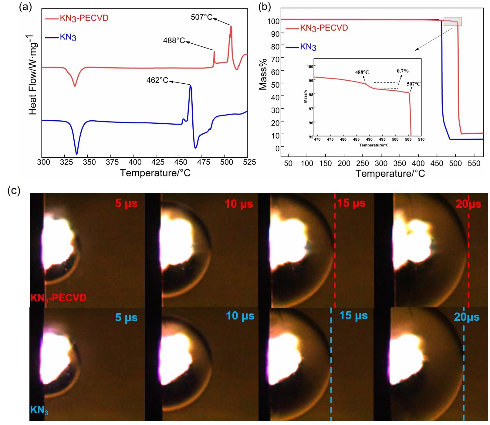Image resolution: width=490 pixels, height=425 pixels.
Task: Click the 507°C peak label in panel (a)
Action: tap(201, 17)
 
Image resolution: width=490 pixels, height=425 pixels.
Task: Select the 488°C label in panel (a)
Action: tap(174, 40)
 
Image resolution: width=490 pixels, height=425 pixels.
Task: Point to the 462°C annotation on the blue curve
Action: tap(157, 80)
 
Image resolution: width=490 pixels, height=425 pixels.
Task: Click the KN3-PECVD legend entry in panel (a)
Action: tap(84, 18)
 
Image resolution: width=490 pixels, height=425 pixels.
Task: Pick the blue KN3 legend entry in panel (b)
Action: tap(308, 47)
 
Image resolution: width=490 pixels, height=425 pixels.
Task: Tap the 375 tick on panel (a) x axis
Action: tap(112, 162)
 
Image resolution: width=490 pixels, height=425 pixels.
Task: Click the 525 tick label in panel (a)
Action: tap(249, 162)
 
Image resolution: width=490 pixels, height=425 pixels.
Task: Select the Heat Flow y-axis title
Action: tap(33, 75)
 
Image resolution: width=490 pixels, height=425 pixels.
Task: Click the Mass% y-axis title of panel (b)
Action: tap(263, 74)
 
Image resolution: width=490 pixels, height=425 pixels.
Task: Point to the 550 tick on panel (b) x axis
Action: tap(474, 163)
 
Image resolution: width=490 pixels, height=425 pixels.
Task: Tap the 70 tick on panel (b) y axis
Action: tap(275, 59)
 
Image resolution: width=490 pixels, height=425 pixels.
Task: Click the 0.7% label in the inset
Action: tap(403, 71)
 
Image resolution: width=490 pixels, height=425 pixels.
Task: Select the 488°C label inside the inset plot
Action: tap(362, 72)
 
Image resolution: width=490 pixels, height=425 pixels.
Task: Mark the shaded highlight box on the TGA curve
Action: tap(452, 21)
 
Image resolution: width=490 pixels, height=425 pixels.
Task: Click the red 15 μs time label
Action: tap(351, 203)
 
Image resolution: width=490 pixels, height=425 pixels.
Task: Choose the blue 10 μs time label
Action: tap(240, 316)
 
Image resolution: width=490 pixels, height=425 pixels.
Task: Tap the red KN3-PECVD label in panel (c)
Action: tap(58, 298)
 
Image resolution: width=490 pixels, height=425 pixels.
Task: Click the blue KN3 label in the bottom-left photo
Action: tap(39, 410)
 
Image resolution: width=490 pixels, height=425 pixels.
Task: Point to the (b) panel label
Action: tap(264, 7)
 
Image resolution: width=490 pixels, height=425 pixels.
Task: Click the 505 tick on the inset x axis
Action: tap(408, 139)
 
